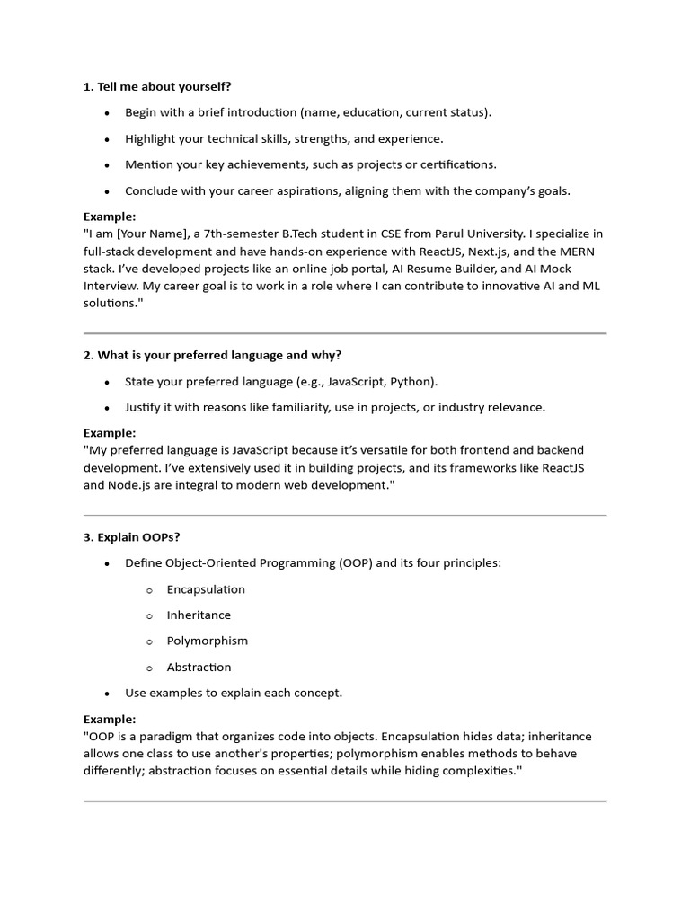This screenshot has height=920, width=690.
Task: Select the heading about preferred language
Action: [212, 355]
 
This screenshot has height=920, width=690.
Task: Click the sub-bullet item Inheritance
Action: [199, 615]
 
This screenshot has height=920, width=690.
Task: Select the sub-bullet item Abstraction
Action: [199, 667]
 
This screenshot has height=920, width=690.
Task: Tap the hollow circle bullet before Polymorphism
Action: [150, 641]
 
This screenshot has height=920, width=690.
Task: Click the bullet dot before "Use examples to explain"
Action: [107, 694]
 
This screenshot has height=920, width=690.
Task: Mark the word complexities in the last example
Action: [481, 771]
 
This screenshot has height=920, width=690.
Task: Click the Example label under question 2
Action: [110, 432]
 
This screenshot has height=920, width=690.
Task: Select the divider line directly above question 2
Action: [345, 333]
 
